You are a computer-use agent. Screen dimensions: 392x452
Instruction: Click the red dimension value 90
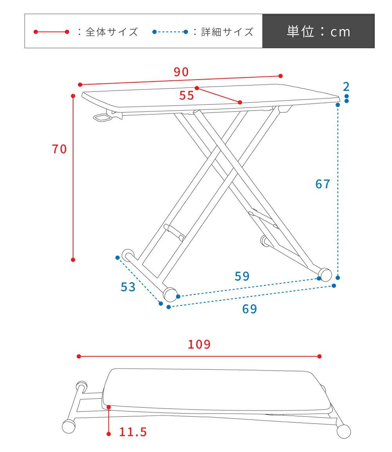click(x=181, y=72)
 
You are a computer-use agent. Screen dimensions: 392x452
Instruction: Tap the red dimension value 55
click(x=187, y=95)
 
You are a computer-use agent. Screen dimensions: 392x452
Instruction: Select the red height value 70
click(x=59, y=149)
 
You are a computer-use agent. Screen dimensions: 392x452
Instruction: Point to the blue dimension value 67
click(x=323, y=184)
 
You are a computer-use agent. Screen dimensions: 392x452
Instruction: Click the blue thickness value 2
click(x=346, y=87)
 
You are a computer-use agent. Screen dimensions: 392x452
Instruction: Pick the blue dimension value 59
click(x=242, y=276)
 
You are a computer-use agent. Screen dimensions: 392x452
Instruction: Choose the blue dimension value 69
click(x=250, y=309)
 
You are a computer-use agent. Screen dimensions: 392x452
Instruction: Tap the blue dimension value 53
click(x=128, y=287)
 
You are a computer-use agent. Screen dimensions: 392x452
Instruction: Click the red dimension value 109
click(x=199, y=344)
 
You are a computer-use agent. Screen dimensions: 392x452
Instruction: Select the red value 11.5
click(x=133, y=432)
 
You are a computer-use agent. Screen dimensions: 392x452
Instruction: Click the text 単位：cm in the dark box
click(x=318, y=31)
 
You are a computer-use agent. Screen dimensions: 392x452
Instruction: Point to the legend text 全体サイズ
click(x=112, y=32)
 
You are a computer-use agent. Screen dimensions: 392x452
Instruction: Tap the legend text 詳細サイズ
click(x=227, y=32)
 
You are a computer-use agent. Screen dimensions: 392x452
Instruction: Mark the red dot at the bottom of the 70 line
click(x=73, y=260)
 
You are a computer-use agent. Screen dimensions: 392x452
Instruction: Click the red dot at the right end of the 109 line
click(x=319, y=356)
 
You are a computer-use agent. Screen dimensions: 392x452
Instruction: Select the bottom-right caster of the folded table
click(x=343, y=432)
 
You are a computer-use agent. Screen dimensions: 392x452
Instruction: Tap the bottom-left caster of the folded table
click(x=69, y=426)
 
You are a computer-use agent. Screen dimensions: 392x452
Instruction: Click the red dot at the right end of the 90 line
click(x=281, y=76)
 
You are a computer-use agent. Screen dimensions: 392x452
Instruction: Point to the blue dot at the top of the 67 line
click(x=338, y=105)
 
